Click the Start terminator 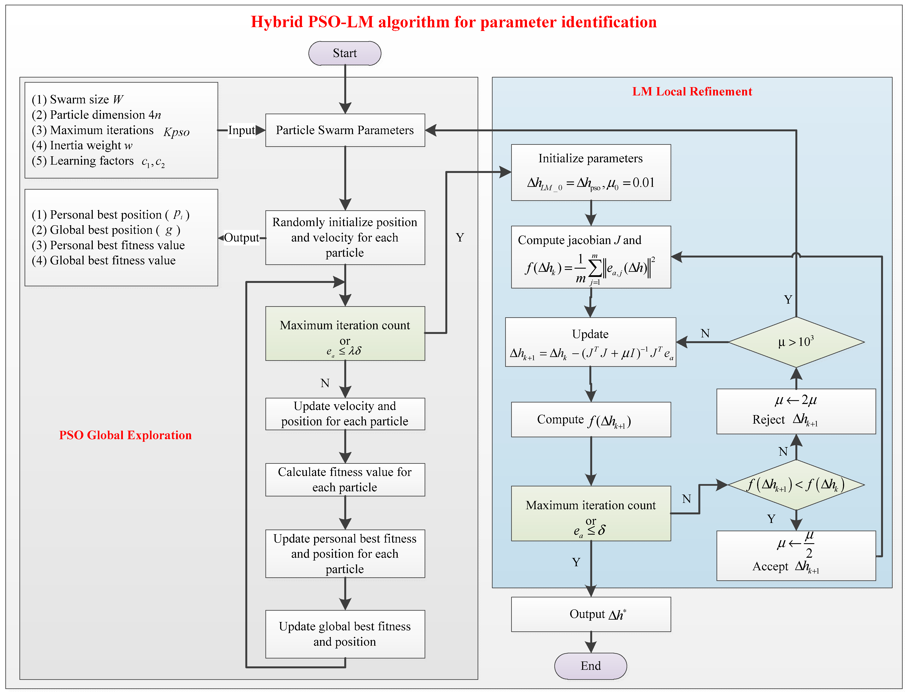pyautogui.click(x=344, y=53)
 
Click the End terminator pyautogui.click(x=590, y=666)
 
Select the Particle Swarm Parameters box pyautogui.click(x=345, y=130)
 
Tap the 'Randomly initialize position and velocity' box pyautogui.click(x=345, y=237)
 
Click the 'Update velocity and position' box pyautogui.click(x=345, y=414)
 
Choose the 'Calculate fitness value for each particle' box pyautogui.click(x=345, y=480)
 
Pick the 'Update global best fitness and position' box pyautogui.click(x=345, y=634)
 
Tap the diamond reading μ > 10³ pyautogui.click(x=796, y=342)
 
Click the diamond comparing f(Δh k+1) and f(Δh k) pyautogui.click(x=796, y=484)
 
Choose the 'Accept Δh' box pyautogui.click(x=796, y=556)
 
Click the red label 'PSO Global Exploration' pyautogui.click(x=125, y=435)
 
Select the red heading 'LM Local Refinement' pyautogui.click(x=692, y=91)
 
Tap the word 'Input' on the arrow pyautogui.click(x=241, y=130)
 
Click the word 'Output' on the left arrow pyautogui.click(x=241, y=238)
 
